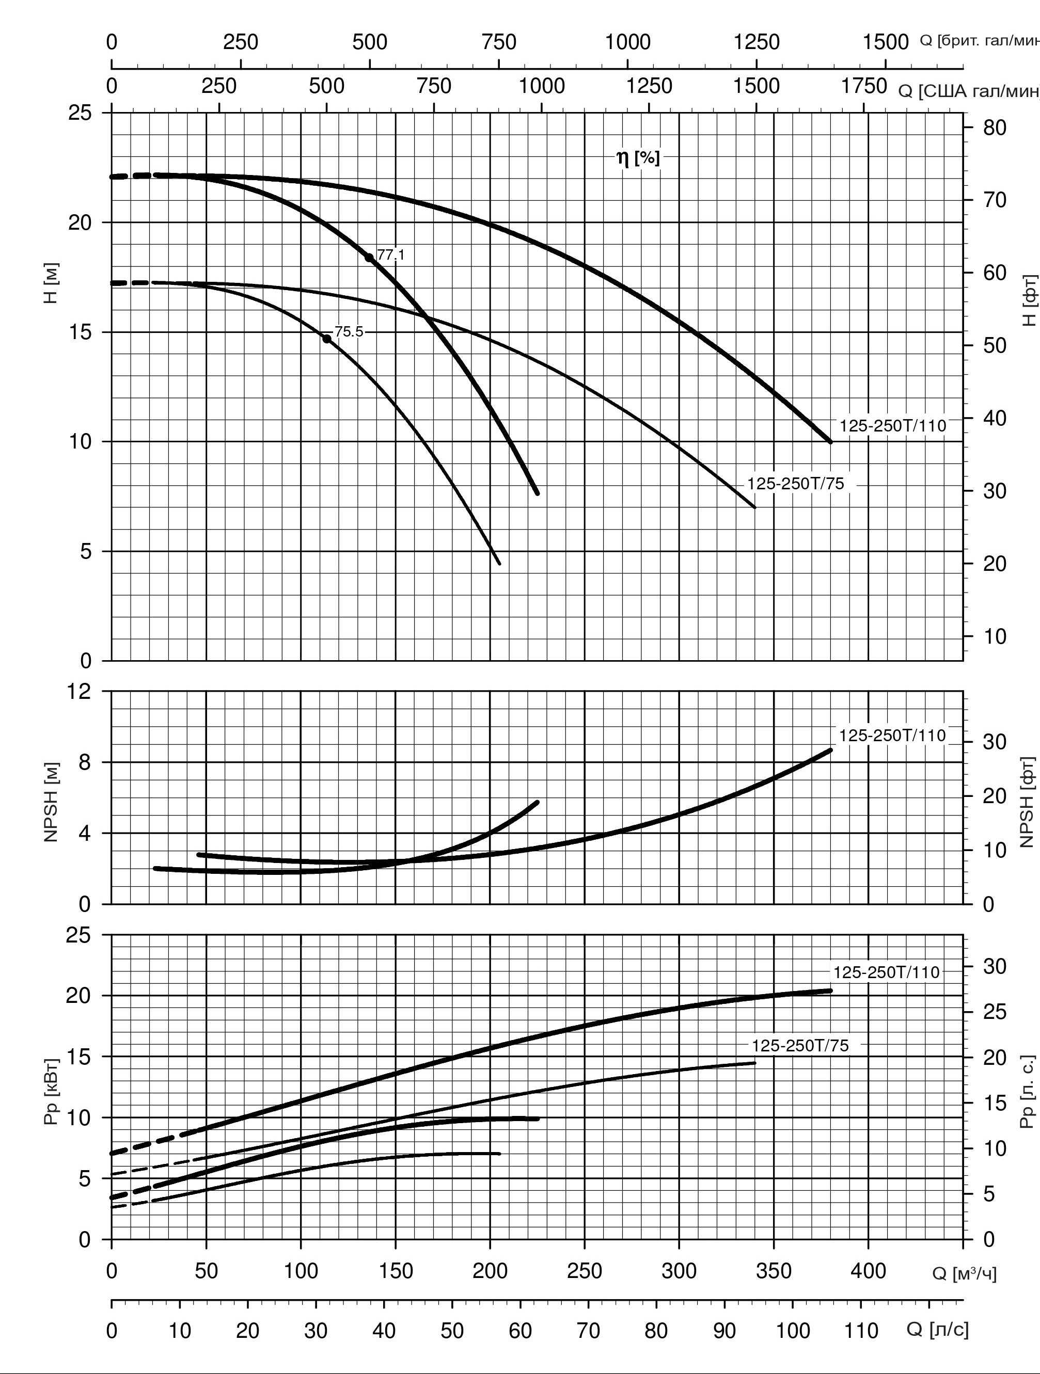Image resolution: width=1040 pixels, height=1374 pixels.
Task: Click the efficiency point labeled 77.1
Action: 369,257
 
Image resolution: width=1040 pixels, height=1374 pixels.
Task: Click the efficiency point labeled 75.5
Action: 327,339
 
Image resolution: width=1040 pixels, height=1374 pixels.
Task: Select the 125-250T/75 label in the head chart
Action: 795,484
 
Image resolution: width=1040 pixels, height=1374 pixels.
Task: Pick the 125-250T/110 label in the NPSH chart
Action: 892,736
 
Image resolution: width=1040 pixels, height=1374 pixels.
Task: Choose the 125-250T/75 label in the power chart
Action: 799,1045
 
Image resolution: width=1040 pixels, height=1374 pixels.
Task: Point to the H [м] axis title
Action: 52,283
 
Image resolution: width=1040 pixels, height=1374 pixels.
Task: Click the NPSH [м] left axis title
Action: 52,802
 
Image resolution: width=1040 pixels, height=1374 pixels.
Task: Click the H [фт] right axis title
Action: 1030,300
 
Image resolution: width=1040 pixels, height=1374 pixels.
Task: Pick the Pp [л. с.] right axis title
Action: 1030,1091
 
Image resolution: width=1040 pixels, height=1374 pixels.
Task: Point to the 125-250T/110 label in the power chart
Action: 886,972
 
